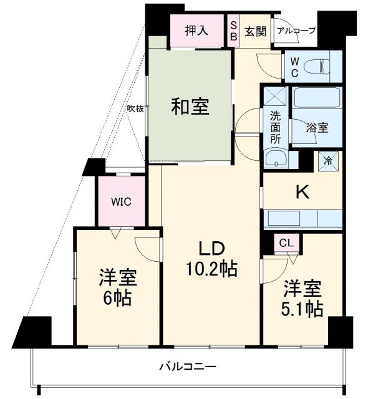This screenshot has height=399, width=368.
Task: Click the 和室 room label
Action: point(190,107)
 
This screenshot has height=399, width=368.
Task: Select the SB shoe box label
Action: point(233,31)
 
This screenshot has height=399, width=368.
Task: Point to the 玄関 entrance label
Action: point(255,31)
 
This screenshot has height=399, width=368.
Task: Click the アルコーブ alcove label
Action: point(296,30)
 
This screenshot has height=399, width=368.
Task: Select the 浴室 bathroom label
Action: point(316,128)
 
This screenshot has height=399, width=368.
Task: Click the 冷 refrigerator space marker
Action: point(329,160)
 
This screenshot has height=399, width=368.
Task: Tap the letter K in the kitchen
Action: point(302,193)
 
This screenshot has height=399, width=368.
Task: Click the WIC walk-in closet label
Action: point(121,201)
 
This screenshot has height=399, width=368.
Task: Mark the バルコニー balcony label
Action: point(186,367)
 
